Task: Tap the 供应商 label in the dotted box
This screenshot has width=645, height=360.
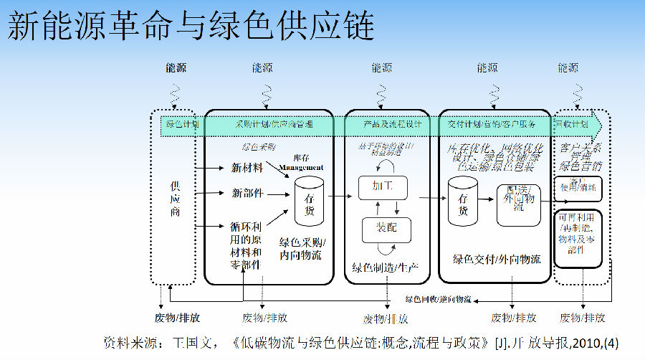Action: [175, 198]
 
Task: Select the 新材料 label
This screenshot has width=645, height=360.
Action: [247, 168]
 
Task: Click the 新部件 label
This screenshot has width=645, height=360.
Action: [247, 193]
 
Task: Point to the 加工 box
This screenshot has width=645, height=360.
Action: [382, 186]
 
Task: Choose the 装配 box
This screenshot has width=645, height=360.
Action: [386, 227]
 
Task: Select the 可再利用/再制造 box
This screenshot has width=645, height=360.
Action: [578, 232]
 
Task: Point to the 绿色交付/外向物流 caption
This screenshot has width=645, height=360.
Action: [497, 260]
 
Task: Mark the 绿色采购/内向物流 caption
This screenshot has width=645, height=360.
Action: [300, 248]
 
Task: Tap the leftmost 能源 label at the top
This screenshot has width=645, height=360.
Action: [176, 68]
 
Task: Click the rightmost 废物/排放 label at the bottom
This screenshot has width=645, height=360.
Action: [582, 318]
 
